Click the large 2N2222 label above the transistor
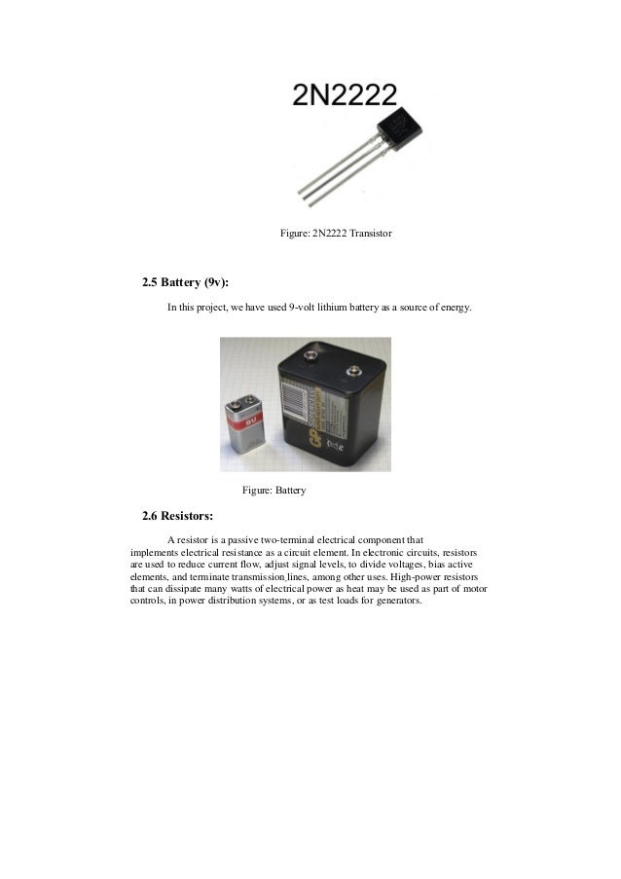(x=346, y=94)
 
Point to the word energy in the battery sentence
(x=455, y=309)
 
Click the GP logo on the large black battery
(x=292, y=443)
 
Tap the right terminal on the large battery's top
(x=352, y=369)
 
